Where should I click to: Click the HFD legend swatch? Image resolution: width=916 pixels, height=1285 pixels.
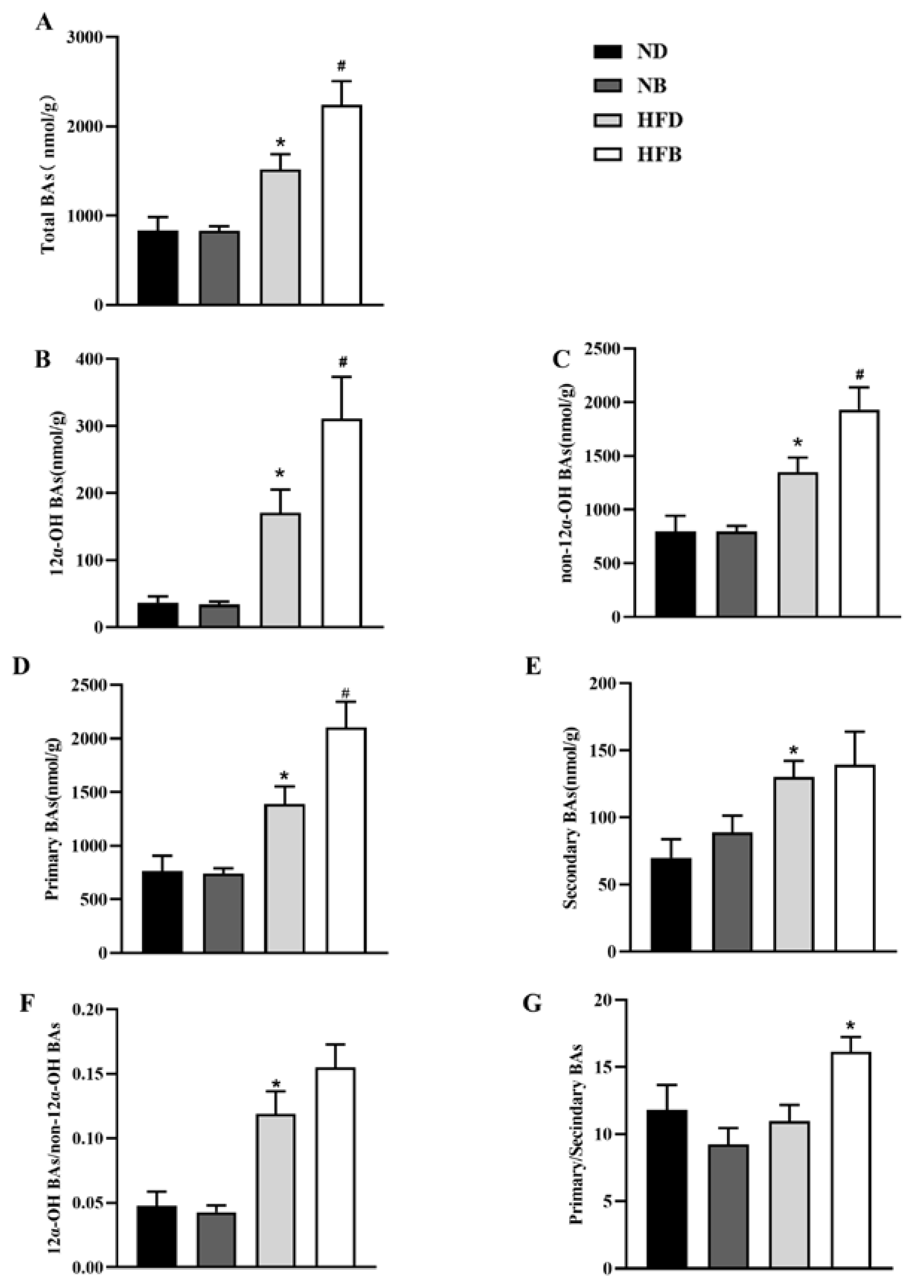pyautogui.click(x=607, y=120)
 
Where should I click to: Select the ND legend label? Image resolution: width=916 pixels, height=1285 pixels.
pyautogui.click(x=652, y=52)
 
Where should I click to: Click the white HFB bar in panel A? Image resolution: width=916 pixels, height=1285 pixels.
pyautogui.click(x=342, y=205)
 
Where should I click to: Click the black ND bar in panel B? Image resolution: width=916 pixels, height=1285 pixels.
pyautogui.click(x=158, y=615)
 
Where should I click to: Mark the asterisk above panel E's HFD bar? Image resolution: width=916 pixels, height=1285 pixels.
pyautogui.click(x=794, y=751)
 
